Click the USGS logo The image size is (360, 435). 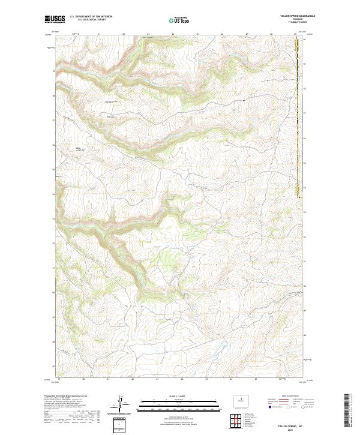[55, 20]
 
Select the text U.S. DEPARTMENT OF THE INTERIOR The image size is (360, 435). [91, 17]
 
